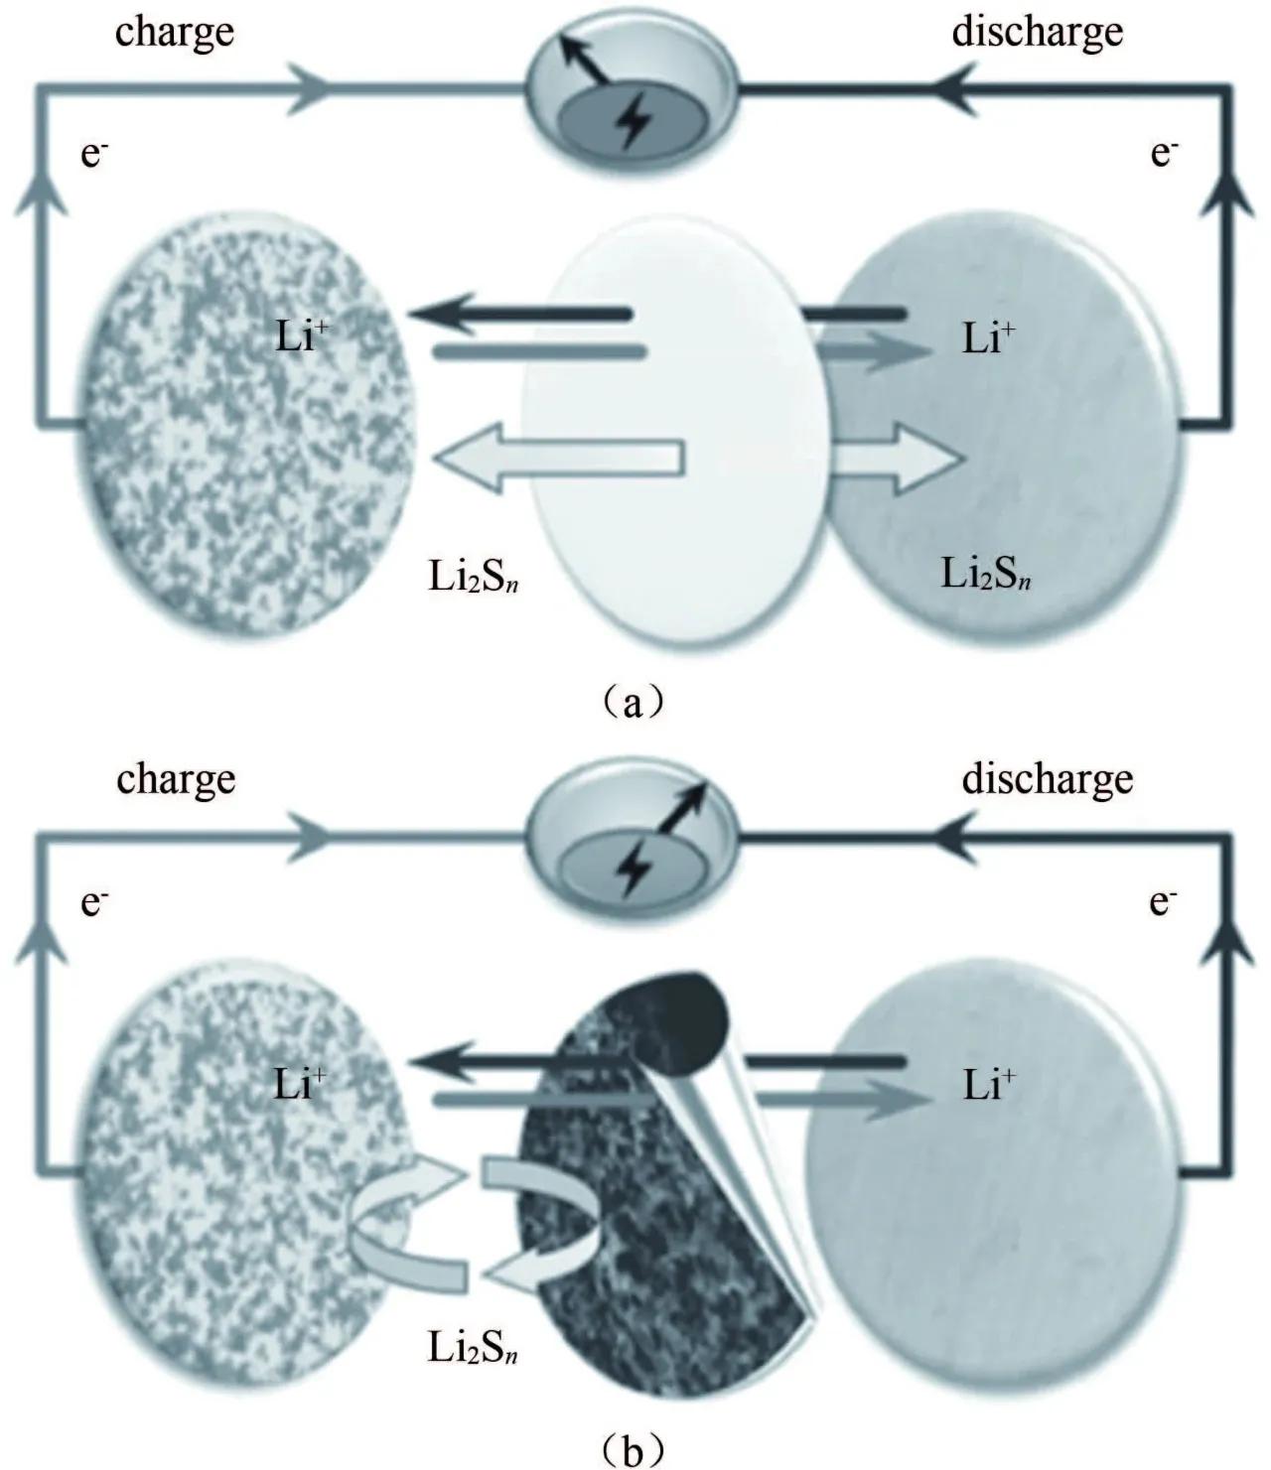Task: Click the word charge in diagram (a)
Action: (x=175, y=33)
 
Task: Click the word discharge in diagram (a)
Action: (x=1038, y=33)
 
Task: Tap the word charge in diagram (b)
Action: (x=177, y=779)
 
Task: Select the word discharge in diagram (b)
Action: (x=1048, y=779)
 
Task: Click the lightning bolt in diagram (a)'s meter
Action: (x=632, y=124)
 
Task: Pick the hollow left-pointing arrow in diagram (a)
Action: (x=556, y=458)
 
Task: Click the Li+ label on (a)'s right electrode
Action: (x=988, y=340)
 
